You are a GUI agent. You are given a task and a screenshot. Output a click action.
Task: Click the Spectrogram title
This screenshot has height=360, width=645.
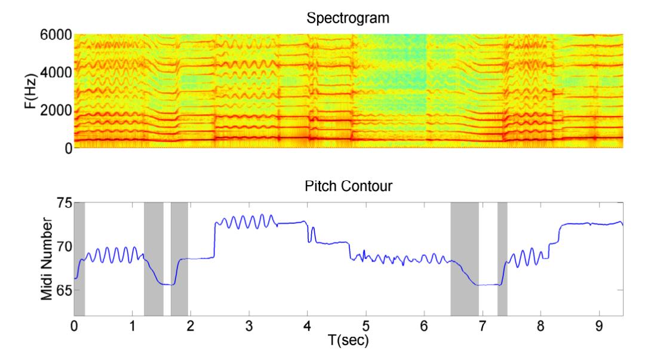[x=347, y=18]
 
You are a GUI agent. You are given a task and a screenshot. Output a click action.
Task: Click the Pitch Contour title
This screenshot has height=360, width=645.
[x=347, y=186]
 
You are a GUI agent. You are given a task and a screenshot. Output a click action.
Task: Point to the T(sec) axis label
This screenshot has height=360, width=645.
[x=347, y=341]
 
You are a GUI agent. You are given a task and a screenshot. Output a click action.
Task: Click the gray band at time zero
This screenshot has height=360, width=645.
[x=79, y=259]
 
